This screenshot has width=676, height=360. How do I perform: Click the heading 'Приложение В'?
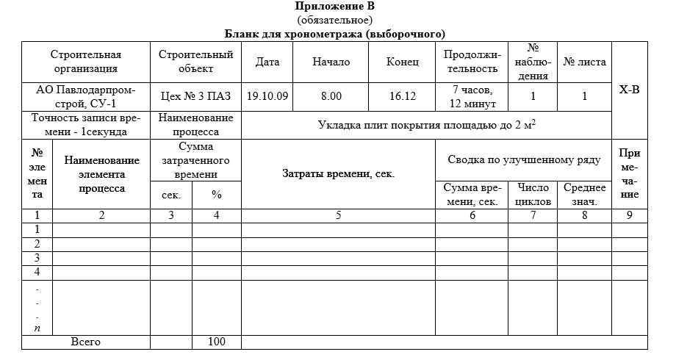coord(335,7)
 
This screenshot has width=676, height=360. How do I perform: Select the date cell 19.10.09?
coord(267,96)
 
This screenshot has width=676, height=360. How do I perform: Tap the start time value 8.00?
coord(331,96)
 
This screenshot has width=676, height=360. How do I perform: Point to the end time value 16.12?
coord(403,96)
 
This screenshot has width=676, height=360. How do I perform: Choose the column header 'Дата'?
coord(267,62)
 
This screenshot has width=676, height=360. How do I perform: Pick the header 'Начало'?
coord(331,62)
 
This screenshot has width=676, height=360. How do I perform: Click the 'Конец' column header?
coord(403,62)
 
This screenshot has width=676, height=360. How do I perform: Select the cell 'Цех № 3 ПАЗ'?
coord(195,96)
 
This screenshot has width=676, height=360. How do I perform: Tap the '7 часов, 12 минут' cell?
coord(472,96)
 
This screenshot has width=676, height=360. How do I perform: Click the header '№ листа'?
coord(584,62)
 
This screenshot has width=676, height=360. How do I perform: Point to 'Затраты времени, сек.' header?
coord(339,174)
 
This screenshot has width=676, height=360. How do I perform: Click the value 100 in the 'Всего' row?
coord(216,342)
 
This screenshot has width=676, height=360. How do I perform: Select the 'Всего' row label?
coord(86,342)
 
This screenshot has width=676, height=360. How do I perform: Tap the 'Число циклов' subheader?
coord(533,194)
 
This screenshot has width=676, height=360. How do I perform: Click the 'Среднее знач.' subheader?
coord(584,194)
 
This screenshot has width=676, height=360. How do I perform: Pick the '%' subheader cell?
coord(216,195)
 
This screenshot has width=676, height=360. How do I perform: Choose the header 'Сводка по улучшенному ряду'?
coord(523,159)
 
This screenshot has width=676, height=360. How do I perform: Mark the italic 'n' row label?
coord(37,328)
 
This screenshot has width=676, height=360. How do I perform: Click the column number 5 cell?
coord(339,215)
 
